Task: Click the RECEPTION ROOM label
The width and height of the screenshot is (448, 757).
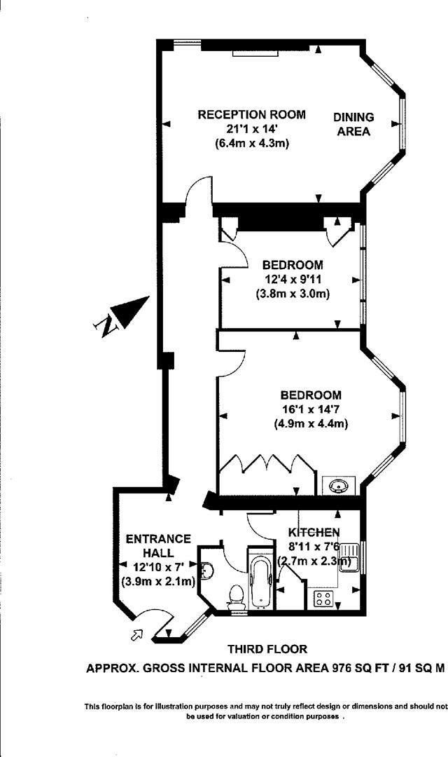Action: [251, 114]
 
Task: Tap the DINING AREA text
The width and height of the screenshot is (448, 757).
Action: [353, 124]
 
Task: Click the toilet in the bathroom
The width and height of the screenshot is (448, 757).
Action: [236, 596]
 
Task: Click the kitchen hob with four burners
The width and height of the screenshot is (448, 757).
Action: [324, 598]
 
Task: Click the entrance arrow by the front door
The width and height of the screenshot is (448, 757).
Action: [136, 635]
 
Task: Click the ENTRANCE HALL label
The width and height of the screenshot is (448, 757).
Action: [157, 545]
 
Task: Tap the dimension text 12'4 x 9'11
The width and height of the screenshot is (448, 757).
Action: [293, 279]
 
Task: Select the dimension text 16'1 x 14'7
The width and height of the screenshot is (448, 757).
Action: [311, 409]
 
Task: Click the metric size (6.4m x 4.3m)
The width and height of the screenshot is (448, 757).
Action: [252, 143]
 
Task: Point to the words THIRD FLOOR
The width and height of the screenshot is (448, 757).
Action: [267, 650]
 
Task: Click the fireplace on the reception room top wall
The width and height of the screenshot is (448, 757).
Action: [255, 51]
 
